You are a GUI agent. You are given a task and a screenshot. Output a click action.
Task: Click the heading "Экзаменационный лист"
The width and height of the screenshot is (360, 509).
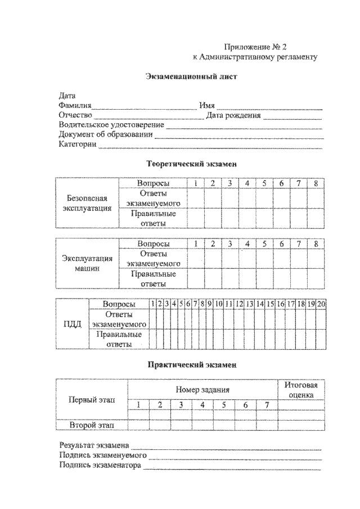[180, 77]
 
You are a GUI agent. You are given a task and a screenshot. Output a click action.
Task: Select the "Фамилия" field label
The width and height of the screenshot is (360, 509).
[75, 105]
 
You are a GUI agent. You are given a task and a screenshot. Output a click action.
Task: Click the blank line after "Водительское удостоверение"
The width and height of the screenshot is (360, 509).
[244, 126]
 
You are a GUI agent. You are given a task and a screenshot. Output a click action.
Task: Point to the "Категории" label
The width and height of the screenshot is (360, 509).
[78, 144]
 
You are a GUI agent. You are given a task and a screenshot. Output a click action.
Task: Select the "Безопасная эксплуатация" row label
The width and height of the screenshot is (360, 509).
[87, 203]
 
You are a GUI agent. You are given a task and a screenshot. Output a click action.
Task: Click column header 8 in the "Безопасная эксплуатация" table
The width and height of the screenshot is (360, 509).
[316, 183]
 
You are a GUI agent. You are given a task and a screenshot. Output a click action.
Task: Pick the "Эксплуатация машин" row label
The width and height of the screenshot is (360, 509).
[87, 264]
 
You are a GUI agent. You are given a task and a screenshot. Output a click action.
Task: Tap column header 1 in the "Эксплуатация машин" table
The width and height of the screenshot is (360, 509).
[195, 244]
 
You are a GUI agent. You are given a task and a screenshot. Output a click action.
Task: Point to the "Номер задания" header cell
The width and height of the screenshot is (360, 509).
[202, 389]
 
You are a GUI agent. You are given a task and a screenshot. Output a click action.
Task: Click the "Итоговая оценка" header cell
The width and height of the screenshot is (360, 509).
[301, 390]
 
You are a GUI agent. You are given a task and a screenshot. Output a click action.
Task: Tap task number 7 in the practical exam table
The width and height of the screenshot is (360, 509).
[267, 405]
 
